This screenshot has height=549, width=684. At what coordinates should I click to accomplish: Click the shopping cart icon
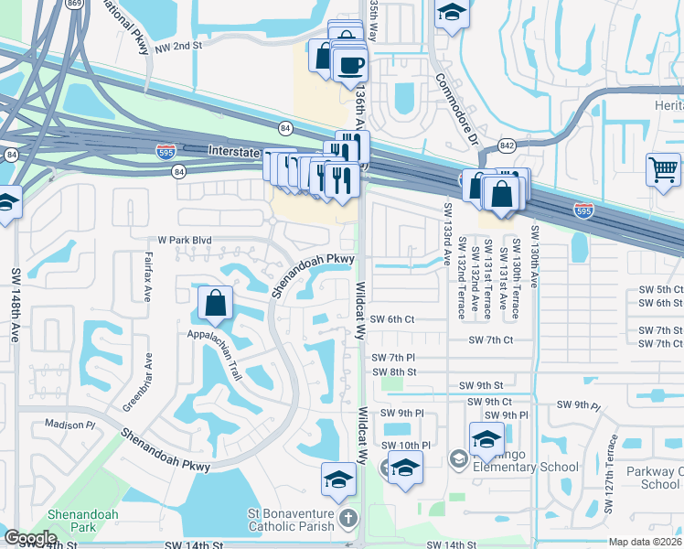[x=663, y=169]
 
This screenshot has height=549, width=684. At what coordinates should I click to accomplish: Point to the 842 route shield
[x=506, y=145]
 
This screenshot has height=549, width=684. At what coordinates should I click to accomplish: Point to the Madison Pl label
[x=69, y=425]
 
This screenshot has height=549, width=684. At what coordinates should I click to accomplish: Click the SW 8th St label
[x=394, y=372]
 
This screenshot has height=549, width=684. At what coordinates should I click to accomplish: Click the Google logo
[x=29, y=538]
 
